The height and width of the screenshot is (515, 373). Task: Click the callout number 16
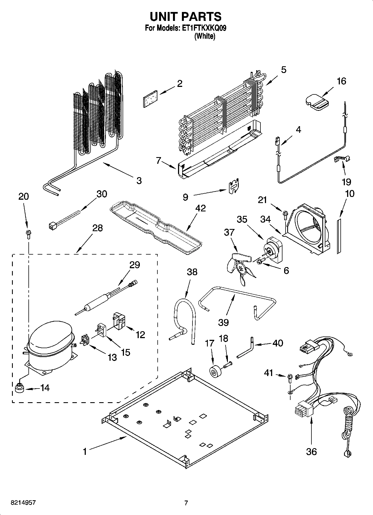coord(341,81)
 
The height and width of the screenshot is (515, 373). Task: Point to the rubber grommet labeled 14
coord(19,388)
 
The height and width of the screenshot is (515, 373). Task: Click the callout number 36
coord(311,451)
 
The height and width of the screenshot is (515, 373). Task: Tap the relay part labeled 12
coord(119,320)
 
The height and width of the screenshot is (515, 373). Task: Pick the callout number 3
coord(139,180)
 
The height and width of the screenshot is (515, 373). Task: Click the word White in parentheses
coord(205,36)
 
